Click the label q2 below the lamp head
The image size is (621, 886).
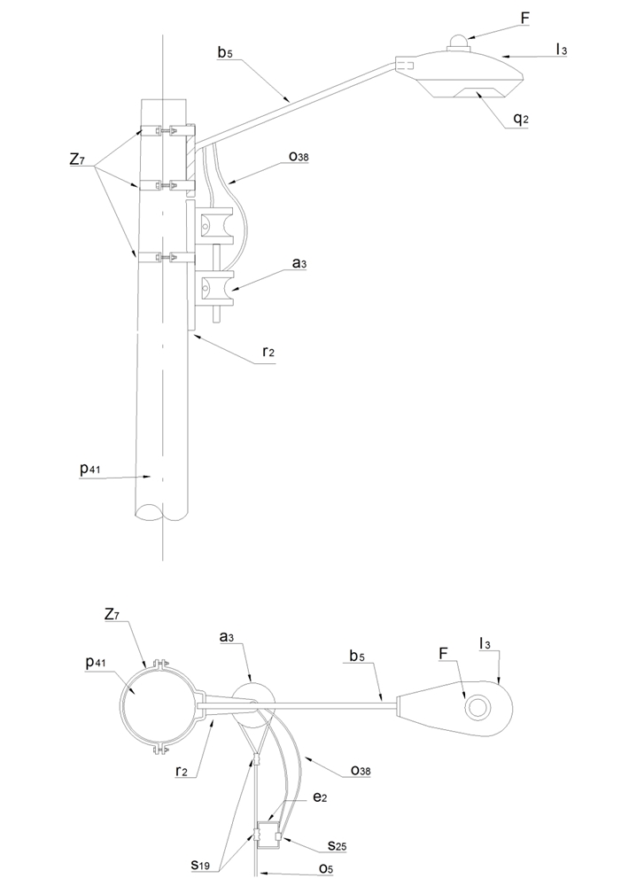pyautogui.click(x=520, y=120)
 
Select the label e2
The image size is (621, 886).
pyautogui.click(x=320, y=797)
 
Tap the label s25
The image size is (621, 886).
pyautogui.click(x=337, y=846)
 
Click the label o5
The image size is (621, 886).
pyautogui.click(x=326, y=869)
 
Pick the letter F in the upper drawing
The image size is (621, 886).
pyautogui.click(x=525, y=19)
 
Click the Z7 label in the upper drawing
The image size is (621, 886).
pyautogui.click(x=78, y=159)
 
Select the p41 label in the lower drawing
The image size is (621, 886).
pyautogui.click(x=97, y=663)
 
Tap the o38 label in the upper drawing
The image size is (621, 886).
pyautogui.click(x=298, y=157)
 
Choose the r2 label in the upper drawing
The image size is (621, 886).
pyautogui.click(x=268, y=352)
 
